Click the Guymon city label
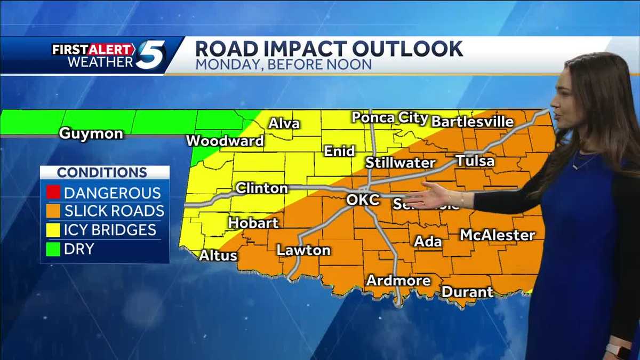point(91,133)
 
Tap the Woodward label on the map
point(225,141)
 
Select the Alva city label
point(284,124)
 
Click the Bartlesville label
point(472,122)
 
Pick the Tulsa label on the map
point(475,161)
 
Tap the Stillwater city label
point(401,163)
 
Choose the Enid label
point(340,151)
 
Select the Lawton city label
point(303,250)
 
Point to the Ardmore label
point(398,280)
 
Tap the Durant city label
point(467,292)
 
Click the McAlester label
point(497,235)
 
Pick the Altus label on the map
point(218,255)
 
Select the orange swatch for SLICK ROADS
point(53,211)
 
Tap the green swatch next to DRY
point(53,248)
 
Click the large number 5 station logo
point(150,55)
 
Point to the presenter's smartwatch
point(618,351)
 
